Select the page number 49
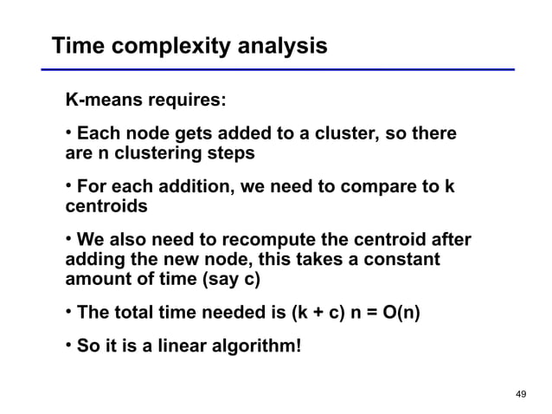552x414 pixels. point(520,394)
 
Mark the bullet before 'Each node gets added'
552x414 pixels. point(69,134)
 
